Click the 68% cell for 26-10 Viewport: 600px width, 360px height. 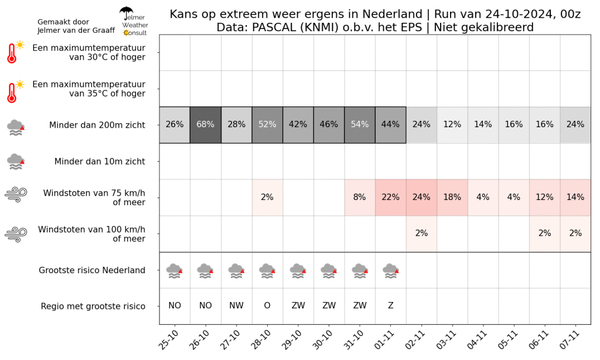(206, 125)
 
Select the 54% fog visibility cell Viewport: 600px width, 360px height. (360, 125)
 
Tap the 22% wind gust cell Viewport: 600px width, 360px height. (391, 198)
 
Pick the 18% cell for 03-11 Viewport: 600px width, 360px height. (452, 198)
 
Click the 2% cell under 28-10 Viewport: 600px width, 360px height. (267, 198)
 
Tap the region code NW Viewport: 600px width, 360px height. (237, 305)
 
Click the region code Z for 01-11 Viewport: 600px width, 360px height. (391, 305)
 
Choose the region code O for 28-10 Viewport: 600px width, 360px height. (267, 305)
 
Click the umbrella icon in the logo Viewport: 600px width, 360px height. (127, 13)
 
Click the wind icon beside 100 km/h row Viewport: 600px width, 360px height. (16, 235)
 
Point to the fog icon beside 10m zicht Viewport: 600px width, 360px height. (16, 162)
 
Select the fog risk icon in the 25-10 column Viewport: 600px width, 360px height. (175, 271)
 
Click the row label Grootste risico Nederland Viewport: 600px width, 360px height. (92, 270)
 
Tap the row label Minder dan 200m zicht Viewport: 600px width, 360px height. (97, 125)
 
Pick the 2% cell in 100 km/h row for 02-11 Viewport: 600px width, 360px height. (421, 233)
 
